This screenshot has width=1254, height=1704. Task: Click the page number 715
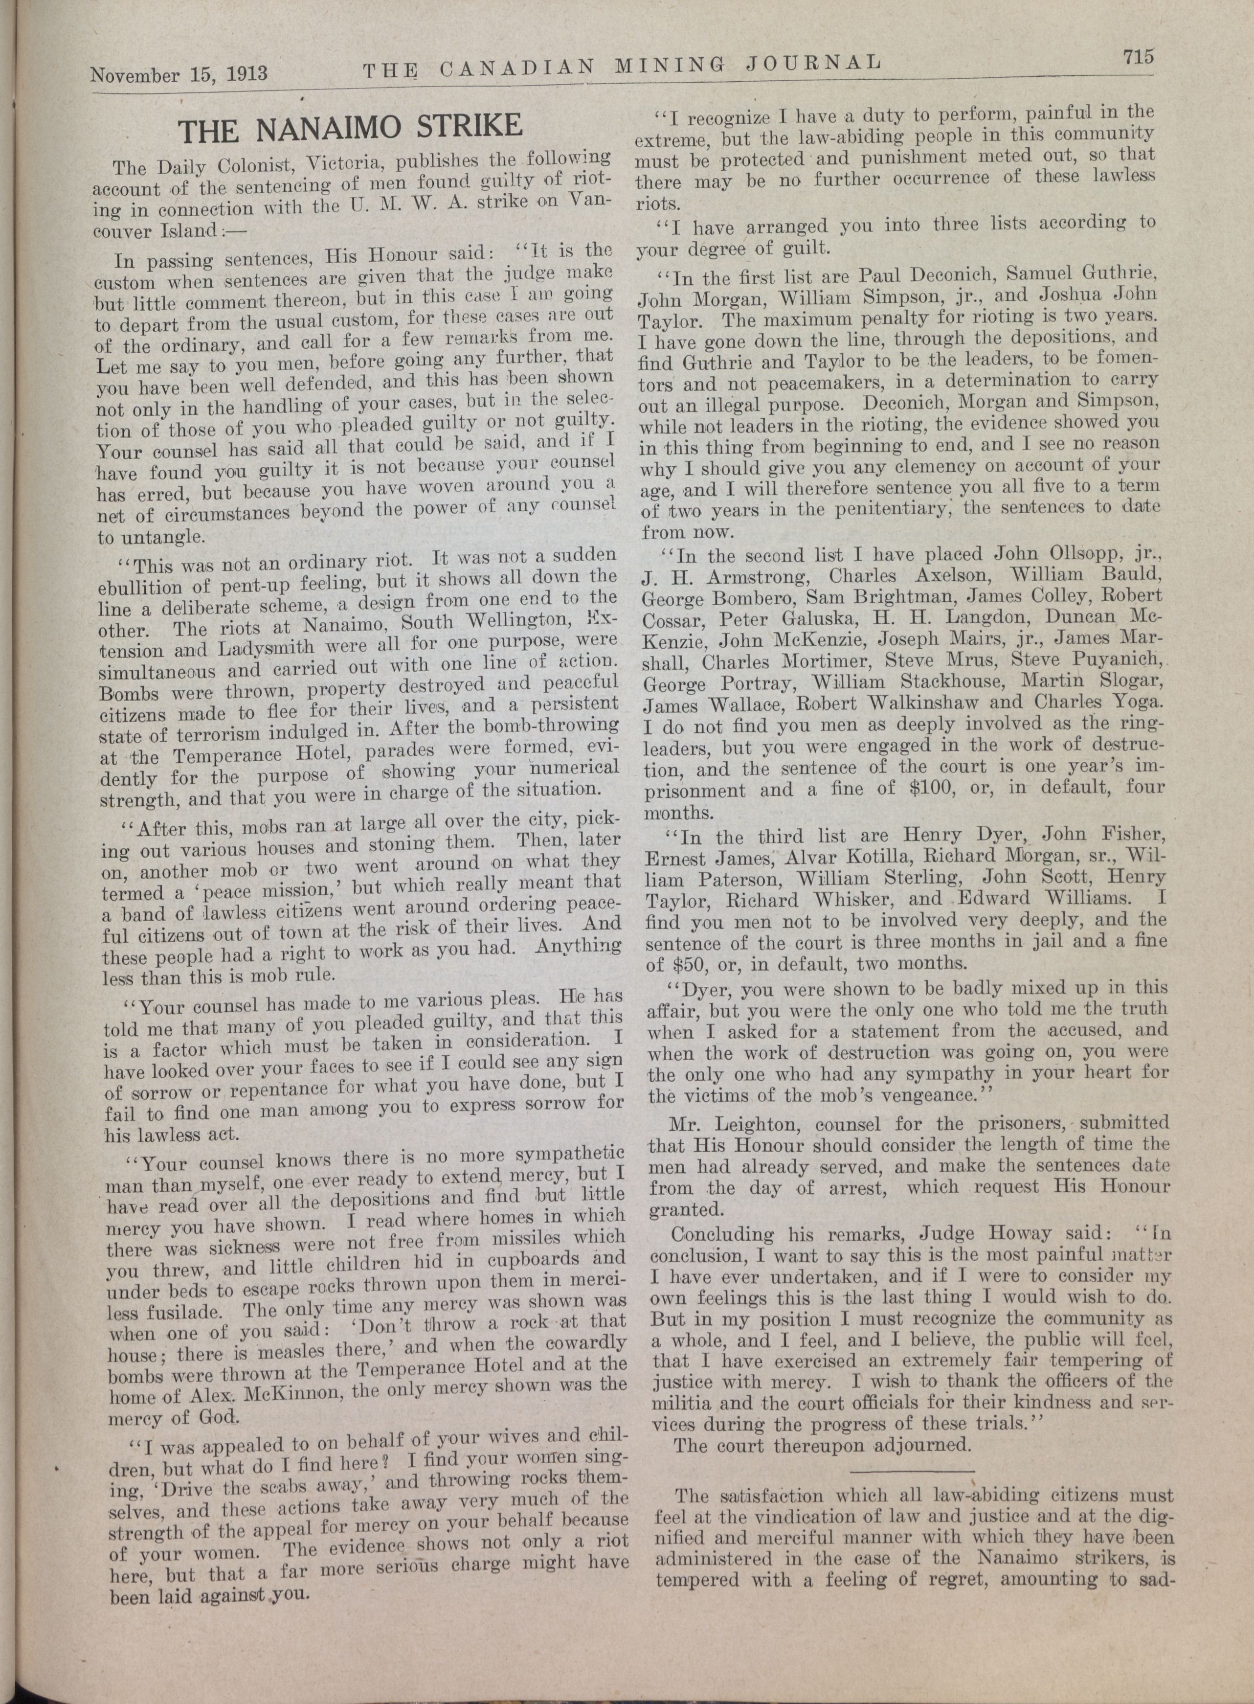(1133, 57)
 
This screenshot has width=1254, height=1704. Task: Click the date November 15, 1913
(179, 74)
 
